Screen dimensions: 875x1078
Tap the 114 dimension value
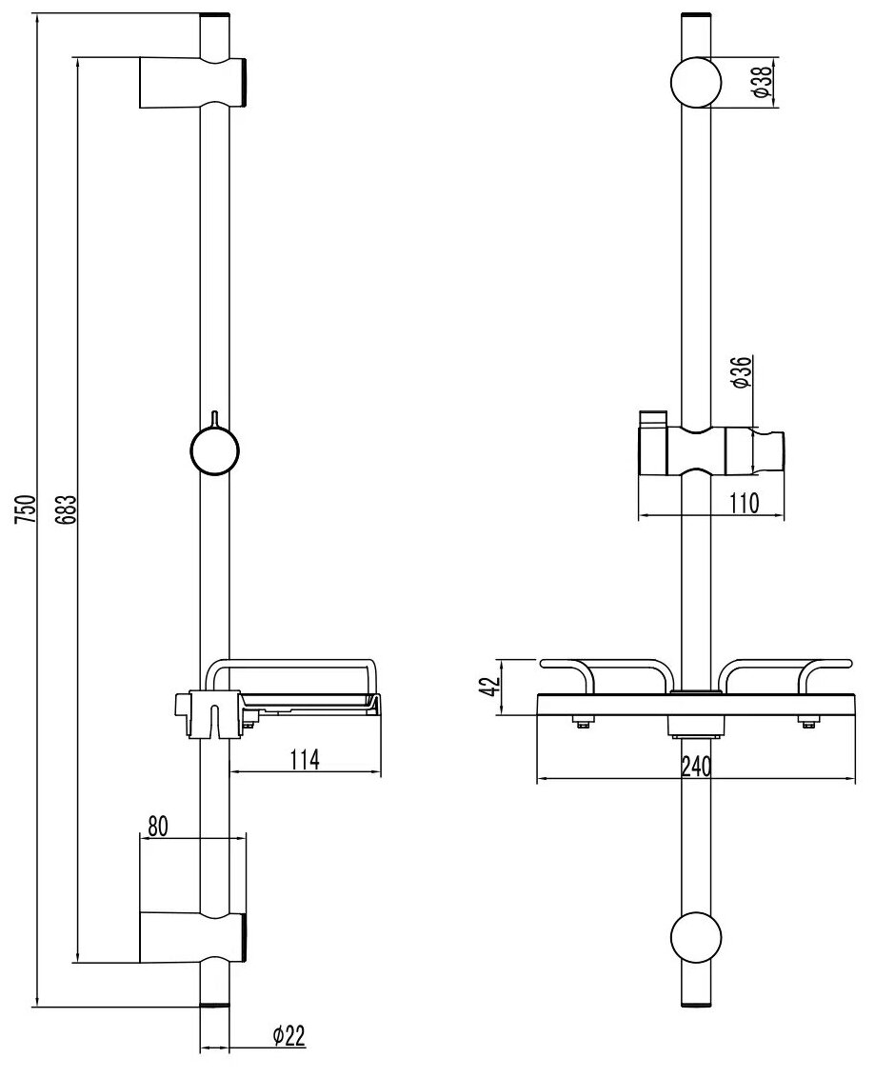click(304, 759)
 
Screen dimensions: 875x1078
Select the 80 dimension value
click(158, 827)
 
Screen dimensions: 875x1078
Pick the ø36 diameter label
click(746, 371)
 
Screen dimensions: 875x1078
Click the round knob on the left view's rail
click(214, 449)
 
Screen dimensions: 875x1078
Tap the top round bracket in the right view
click(697, 83)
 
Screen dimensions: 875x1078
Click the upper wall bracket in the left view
click(190, 83)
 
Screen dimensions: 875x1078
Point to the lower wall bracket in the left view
click(190, 936)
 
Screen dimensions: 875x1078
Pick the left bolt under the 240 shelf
click(580, 725)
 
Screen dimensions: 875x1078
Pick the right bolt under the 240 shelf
click(809, 725)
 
